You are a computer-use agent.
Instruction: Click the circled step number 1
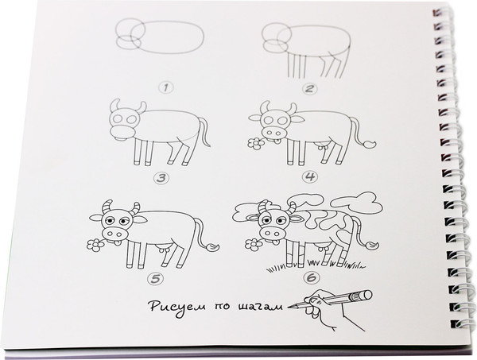click(x=166, y=88)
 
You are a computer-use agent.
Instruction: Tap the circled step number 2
click(x=309, y=89)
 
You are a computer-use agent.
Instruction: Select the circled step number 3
click(x=161, y=178)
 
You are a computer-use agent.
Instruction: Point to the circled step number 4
click(x=310, y=176)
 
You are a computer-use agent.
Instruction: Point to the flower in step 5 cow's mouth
click(x=95, y=245)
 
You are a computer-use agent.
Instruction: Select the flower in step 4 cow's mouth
click(x=256, y=144)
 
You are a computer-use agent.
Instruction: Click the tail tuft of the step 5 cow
click(x=212, y=246)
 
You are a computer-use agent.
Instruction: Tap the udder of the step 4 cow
click(x=323, y=146)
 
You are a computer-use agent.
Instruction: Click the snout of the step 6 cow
click(x=273, y=234)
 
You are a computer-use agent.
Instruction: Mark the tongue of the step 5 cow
click(x=117, y=242)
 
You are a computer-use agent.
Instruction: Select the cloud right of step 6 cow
click(x=356, y=203)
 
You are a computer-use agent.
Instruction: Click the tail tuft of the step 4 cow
click(x=369, y=144)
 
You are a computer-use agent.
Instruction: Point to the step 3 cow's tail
click(x=204, y=132)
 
